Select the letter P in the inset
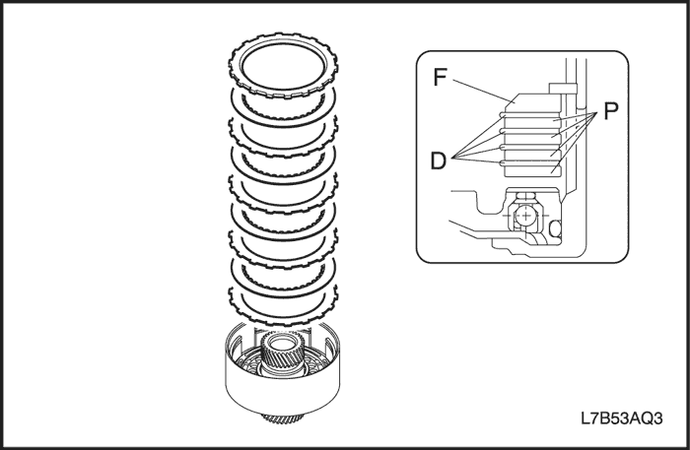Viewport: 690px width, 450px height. pyautogui.click(x=610, y=112)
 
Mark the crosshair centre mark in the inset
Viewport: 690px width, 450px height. pyautogui.click(x=528, y=214)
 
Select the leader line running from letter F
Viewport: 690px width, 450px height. pyautogui.click(x=478, y=88)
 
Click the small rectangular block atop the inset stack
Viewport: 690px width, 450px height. pyautogui.click(x=563, y=90)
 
